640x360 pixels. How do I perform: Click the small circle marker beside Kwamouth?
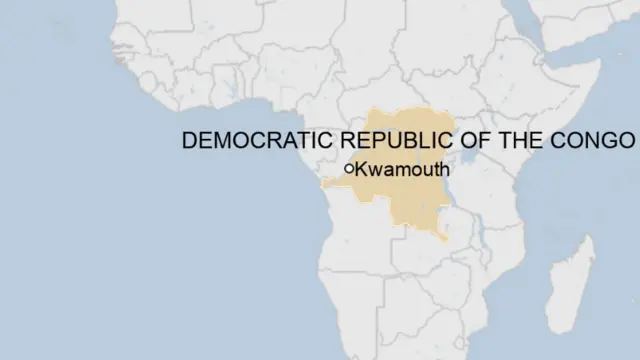[x=349, y=169]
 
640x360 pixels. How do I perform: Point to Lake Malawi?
[x=482, y=244]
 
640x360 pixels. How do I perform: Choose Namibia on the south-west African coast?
[x=350, y=300]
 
